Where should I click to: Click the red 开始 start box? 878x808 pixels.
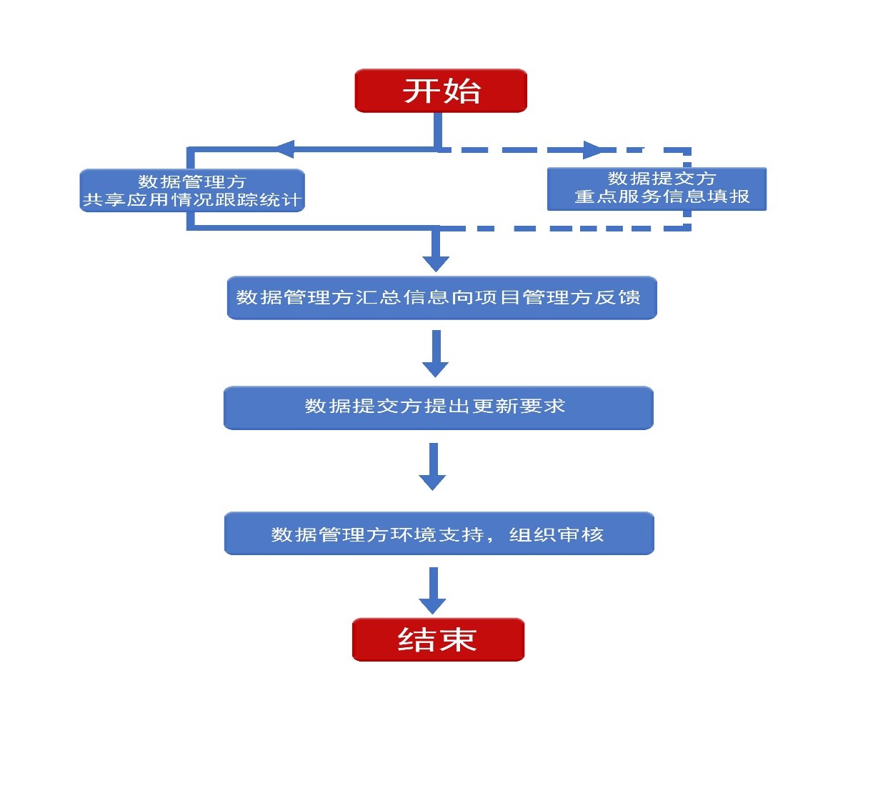pyautogui.click(x=441, y=91)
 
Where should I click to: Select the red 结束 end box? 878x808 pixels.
pyautogui.click(x=438, y=639)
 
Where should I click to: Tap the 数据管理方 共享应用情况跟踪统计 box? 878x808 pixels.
pyautogui.click(x=192, y=191)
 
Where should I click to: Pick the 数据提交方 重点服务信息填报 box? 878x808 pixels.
pyautogui.click(x=657, y=189)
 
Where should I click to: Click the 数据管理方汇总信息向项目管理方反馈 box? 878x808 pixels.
pyautogui.click(x=442, y=297)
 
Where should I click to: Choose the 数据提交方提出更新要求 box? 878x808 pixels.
pyautogui.click(x=439, y=407)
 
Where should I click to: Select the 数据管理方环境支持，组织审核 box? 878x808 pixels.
pyautogui.click(x=439, y=534)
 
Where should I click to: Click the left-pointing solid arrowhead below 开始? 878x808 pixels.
pyautogui.click(x=284, y=149)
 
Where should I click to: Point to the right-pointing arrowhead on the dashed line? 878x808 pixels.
pyautogui.click(x=592, y=150)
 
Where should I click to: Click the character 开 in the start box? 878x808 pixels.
pyautogui.click(x=421, y=91)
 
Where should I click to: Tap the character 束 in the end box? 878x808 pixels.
pyautogui.click(x=458, y=639)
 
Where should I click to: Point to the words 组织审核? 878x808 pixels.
pyautogui.click(x=557, y=534)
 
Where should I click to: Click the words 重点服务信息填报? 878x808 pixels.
pyautogui.click(x=662, y=196)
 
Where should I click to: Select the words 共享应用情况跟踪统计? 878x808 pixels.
pyautogui.click(x=192, y=200)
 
